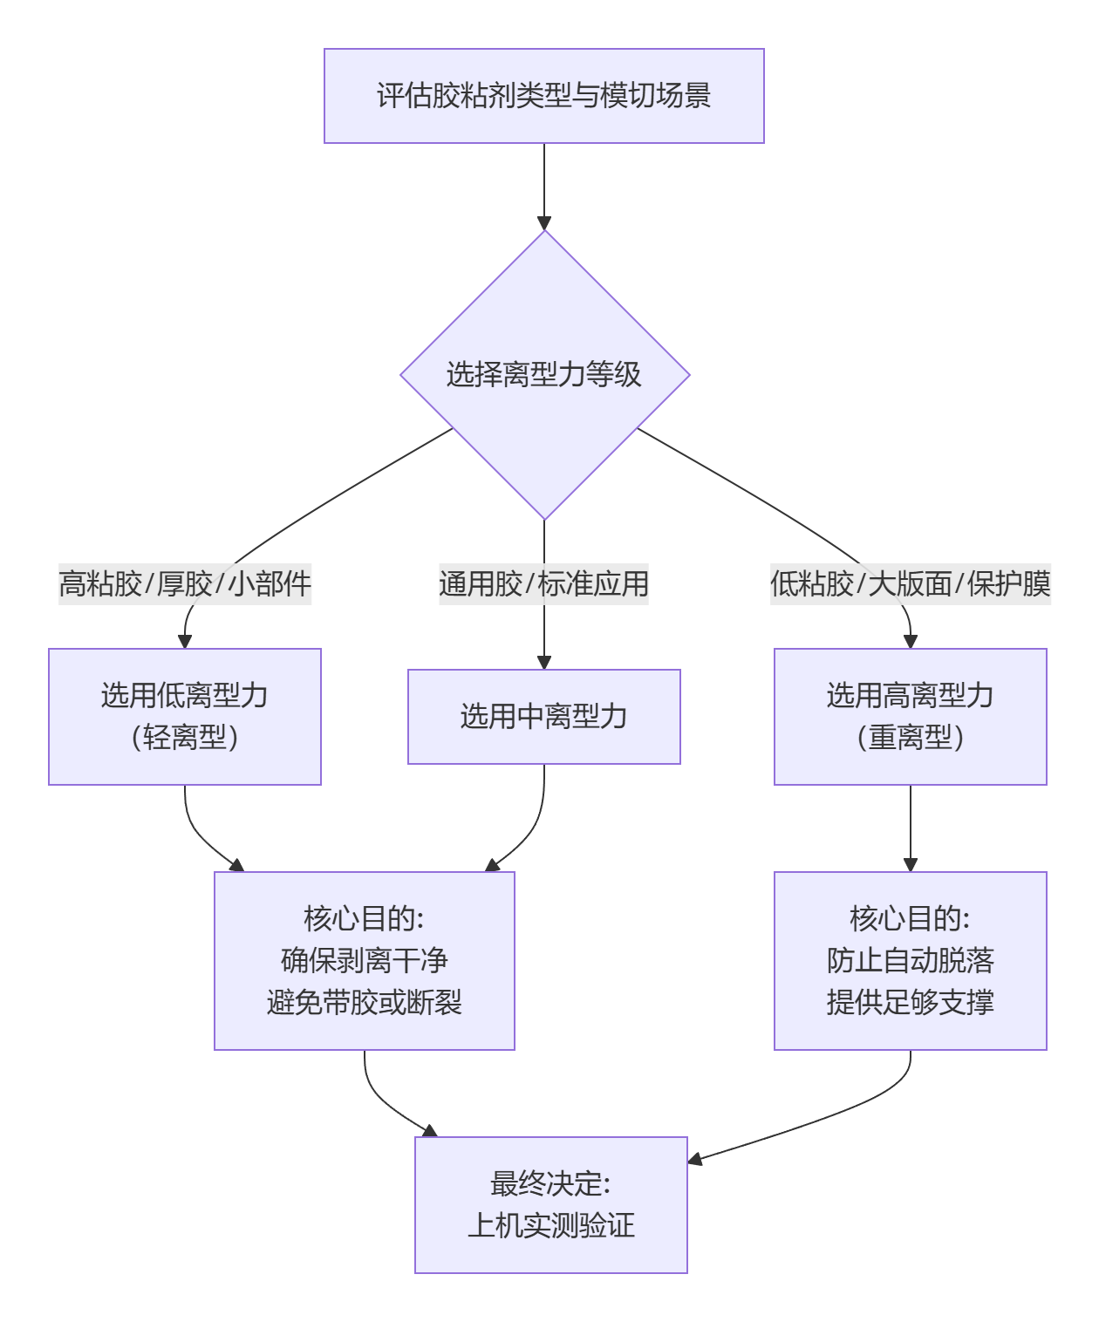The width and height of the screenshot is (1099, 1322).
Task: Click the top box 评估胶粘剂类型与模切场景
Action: pyautogui.click(x=543, y=96)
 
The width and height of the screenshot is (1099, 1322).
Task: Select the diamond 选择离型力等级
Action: pyautogui.click(x=543, y=375)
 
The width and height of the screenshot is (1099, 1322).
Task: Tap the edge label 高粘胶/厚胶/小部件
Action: pyautogui.click(x=185, y=583)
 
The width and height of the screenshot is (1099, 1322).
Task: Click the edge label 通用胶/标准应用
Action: pyautogui.click(x=543, y=583)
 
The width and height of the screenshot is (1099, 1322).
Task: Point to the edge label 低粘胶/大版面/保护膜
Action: pyautogui.click(x=910, y=583)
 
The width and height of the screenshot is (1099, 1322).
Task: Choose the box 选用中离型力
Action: pyautogui.click(x=543, y=717)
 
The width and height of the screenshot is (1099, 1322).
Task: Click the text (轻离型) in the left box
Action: pyautogui.click(x=185, y=738)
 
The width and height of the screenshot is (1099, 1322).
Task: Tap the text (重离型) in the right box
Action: pyautogui.click(x=910, y=738)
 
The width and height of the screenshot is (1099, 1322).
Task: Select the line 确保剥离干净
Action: pyautogui.click(x=364, y=960)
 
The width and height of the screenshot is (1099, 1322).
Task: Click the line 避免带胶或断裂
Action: pyautogui.click(x=364, y=1002)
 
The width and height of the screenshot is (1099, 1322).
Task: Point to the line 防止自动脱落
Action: pyautogui.click(x=910, y=960)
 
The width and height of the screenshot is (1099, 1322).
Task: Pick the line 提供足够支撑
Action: pyautogui.click(x=910, y=1002)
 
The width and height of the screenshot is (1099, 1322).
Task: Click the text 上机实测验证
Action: pyautogui.click(x=550, y=1225)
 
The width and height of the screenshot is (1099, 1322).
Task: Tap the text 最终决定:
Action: pyautogui.click(x=550, y=1183)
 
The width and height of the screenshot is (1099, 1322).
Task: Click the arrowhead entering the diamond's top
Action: pyautogui.click(x=544, y=223)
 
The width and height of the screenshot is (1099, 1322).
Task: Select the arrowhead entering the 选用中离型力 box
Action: pyautogui.click(x=544, y=663)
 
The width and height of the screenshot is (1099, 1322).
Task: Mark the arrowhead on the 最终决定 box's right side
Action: pyautogui.click(x=695, y=1159)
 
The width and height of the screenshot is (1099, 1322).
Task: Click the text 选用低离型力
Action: pyautogui.click(x=185, y=696)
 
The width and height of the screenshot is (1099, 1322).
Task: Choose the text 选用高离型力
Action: pyautogui.click(x=910, y=696)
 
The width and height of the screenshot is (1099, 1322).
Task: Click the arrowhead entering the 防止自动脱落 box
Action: pyautogui.click(x=911, y=865)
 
